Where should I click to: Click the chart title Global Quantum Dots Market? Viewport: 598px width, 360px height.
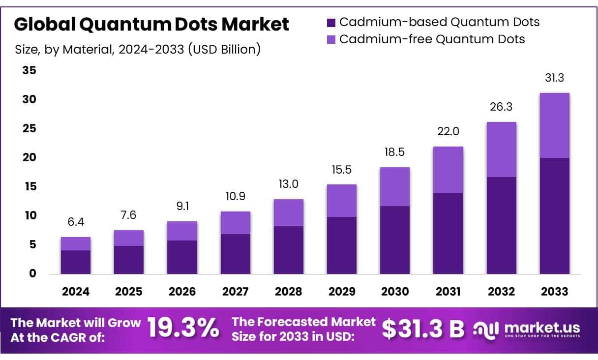151,24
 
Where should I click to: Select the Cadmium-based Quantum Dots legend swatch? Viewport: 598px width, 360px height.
331,22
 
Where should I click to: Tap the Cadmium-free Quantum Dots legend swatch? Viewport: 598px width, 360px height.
331,39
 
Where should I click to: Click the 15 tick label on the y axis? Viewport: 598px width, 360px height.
30,186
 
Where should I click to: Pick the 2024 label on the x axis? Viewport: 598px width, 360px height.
76,292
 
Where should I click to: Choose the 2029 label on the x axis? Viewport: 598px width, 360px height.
342,292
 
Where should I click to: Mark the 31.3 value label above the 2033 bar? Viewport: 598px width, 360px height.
554,78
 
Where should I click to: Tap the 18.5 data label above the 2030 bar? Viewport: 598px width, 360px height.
395,152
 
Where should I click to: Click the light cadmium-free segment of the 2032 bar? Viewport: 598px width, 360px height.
501,150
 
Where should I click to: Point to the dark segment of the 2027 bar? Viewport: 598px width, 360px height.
235,254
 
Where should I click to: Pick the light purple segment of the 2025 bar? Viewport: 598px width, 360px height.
129,238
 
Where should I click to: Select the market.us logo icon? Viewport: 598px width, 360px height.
486,330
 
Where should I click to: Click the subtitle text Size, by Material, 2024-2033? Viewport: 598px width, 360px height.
138,50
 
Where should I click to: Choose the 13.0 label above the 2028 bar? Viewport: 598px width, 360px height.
288,184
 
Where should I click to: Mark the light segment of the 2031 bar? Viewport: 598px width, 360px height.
448,170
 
